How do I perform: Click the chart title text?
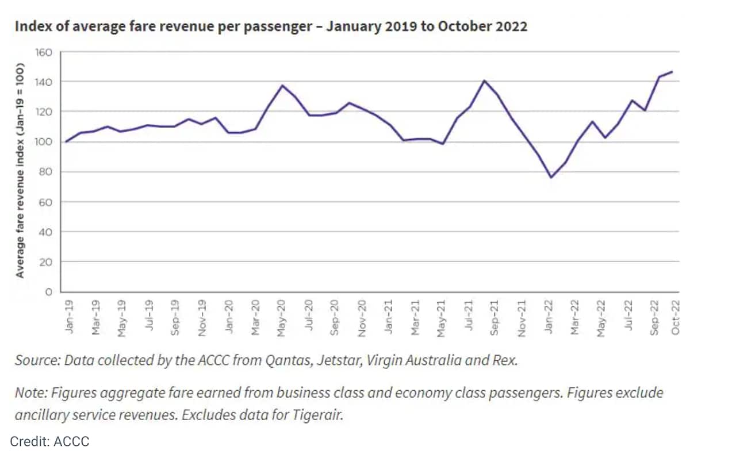coord(270,26)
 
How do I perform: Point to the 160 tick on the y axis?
coord(44,53)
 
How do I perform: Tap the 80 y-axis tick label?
coord(46,172)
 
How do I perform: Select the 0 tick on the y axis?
coord(49,292)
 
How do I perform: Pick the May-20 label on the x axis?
coord(282,316)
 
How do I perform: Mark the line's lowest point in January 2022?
coord(551,177)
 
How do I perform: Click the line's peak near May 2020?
coord(282,86)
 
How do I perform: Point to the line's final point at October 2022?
coord(672,72)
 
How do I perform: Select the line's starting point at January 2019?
coord(66,141)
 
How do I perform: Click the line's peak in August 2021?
coord(484,80)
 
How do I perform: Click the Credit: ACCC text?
coord(49,441)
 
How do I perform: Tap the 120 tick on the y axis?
coord(44,111)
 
